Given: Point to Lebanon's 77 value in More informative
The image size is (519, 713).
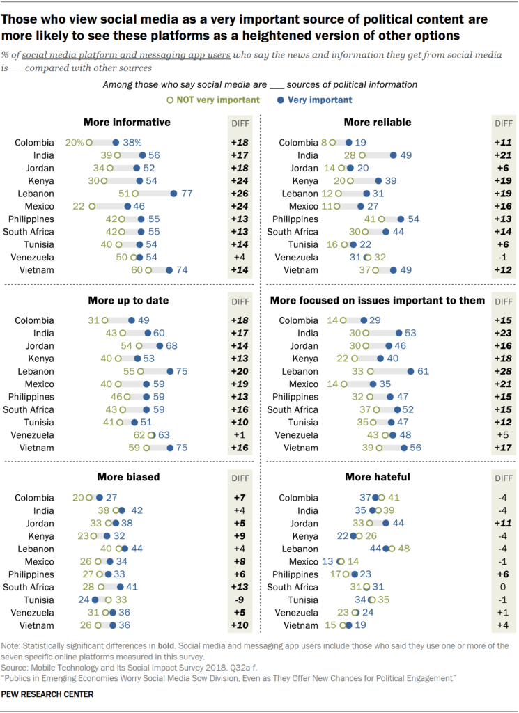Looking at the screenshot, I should pos(186,194).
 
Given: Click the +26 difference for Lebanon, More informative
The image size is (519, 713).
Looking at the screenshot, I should pos(240,194).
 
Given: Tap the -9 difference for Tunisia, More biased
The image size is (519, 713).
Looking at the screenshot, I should pos(240,600).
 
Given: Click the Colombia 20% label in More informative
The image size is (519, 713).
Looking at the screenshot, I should pos(74,143).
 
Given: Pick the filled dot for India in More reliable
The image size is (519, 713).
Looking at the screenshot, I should pos(394,155).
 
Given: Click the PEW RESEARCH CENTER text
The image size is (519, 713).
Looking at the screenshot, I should pos(47,694).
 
